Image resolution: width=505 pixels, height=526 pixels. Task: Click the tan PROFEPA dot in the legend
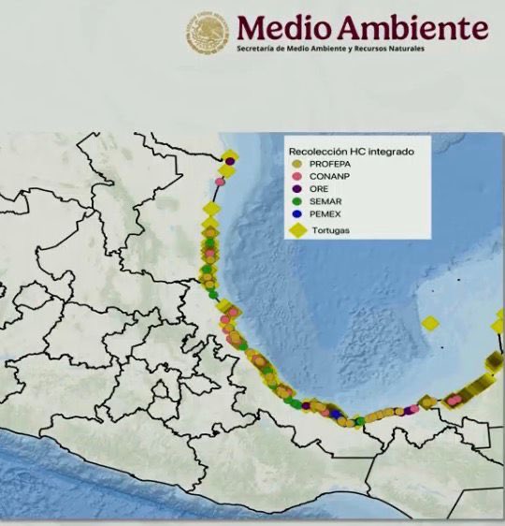click(x=296, y=163)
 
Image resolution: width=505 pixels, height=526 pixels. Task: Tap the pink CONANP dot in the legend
click(x=296, y=175)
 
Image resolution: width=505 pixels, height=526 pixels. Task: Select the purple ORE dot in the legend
click(x=296, y=188)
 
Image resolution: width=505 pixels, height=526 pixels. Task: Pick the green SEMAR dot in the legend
click(x=296, y=201)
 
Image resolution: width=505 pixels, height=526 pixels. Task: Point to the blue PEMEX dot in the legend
click(x=296, y=213)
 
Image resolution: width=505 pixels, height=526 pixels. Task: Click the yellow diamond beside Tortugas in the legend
click(x=298, y=230)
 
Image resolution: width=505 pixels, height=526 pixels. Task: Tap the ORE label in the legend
click(x=318, y=188)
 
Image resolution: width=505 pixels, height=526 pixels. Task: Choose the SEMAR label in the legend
click(x=325, y=201)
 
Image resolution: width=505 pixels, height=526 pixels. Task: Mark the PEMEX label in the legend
click(x=325, y=213)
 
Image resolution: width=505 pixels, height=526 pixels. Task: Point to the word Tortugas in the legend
click(x=332, y=231)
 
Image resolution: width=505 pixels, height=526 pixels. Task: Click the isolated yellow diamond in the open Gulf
click(x=430, y=324)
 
